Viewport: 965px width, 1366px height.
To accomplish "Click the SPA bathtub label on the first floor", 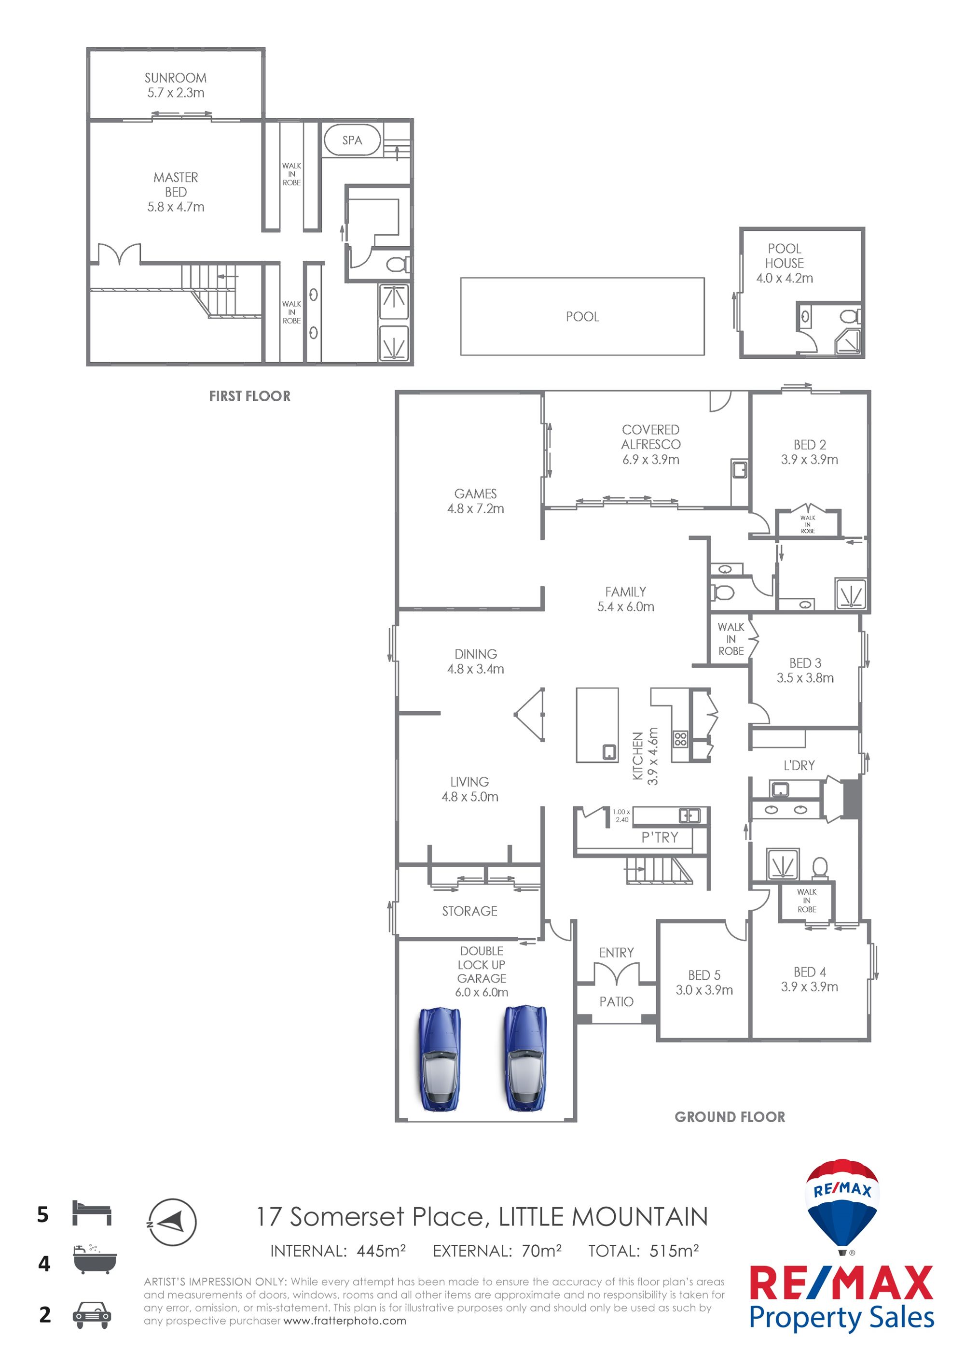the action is tap(352, 141).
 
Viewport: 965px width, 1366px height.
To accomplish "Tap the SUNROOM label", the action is tap(176, 78).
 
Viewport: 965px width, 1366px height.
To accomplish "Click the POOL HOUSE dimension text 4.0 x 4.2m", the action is tap(784, 278).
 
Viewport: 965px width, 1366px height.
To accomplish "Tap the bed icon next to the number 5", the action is tap(92, 1213).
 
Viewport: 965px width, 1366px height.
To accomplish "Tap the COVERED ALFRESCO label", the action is tap(651, 437).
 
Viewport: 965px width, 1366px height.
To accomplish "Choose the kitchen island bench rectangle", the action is tap(597, 725).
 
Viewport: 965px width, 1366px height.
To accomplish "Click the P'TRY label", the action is tap(660, 837).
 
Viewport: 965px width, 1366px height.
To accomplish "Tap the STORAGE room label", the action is tap(470, 911).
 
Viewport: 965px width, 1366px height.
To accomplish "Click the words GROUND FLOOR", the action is tap(730, 1117).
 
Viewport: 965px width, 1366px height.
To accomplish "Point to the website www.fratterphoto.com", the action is tap(345, 1321).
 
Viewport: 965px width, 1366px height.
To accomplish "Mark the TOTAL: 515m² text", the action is tap(643, 1251).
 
